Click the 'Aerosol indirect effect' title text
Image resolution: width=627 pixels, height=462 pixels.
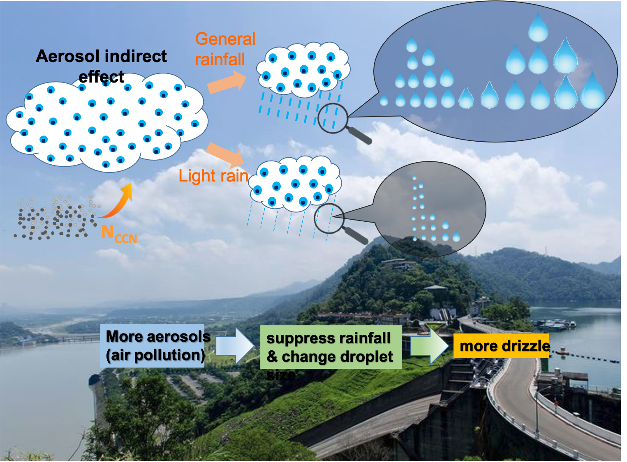pyautogui.click(x=101, y=62)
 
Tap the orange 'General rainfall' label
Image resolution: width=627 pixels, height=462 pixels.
pyautogui.click(x=225, y=49)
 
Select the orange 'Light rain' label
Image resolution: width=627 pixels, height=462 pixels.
pyautogui.click(x=213, y=176)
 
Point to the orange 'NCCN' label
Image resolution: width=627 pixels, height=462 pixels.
pyautogui.click(x=118, y=234)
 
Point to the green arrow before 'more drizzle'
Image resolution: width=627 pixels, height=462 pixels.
pyautogui.click(x=430, y=346)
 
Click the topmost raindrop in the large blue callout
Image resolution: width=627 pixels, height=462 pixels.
pyautogui.click(x=538, y=27)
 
